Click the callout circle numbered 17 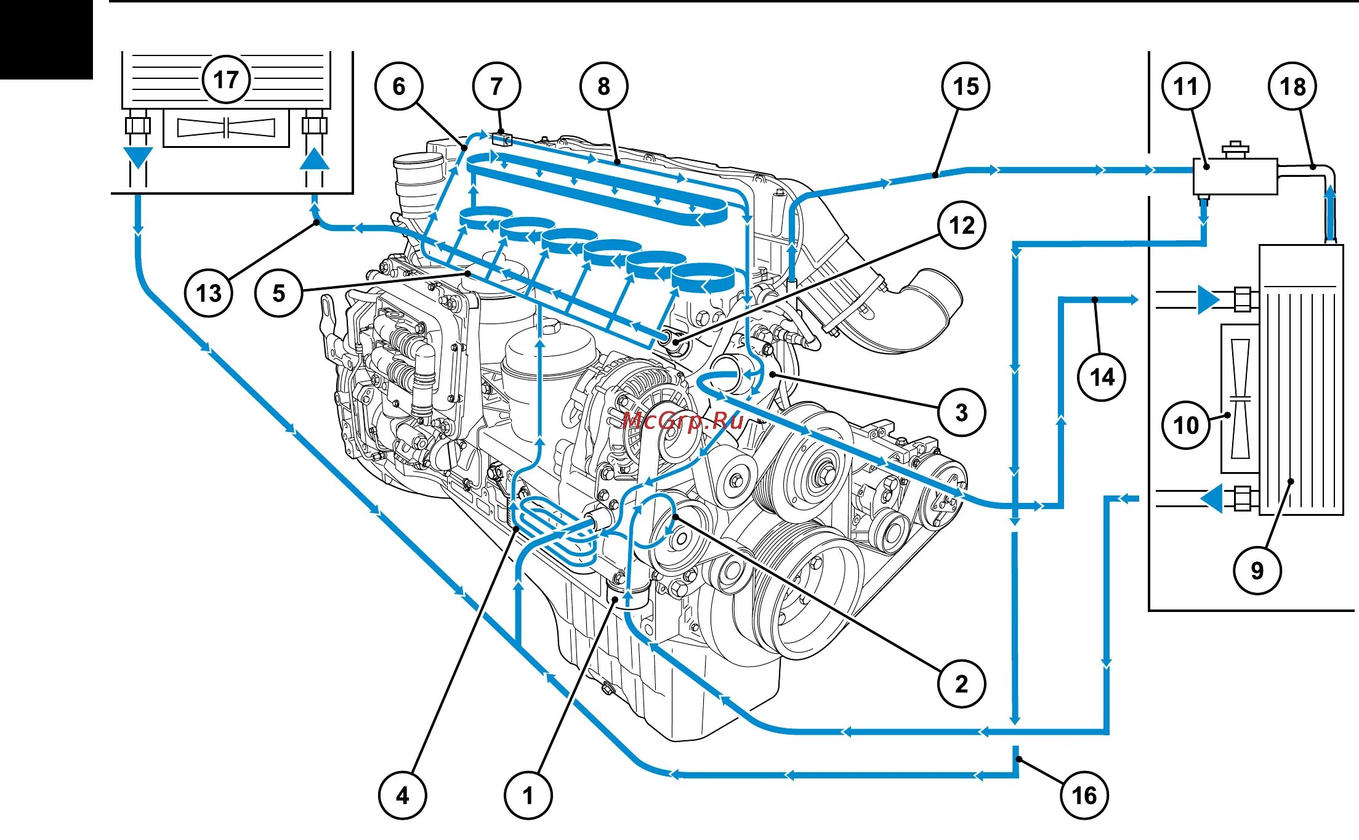[226, 80]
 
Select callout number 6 [399, 86]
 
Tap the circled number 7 [497, 86]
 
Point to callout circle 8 [603, 86]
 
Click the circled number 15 [966, 86]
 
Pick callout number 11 [1186, 86]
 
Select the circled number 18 [1292, 86]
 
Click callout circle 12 [962, 226]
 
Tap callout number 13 [209, 293]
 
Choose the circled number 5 [279, 293]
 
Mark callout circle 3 [962, 412]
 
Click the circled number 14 [1102, 377]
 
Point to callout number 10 [1186, 425]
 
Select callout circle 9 [1257, 571]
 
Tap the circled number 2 [962, 683]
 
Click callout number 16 [1084, 796]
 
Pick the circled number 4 [402, 796]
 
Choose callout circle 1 [528, 796]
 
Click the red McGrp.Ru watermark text [683, 421]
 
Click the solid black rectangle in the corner [46, 39]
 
